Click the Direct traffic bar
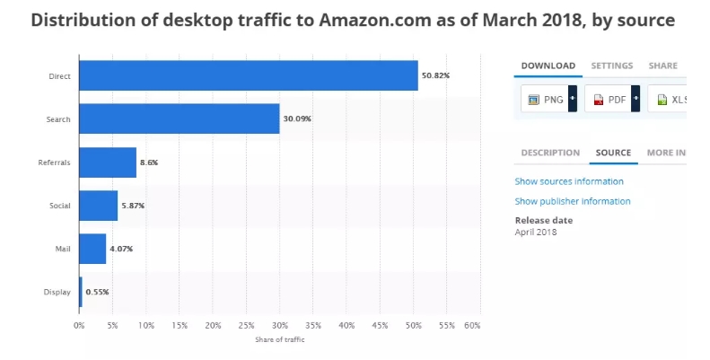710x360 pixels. [249, 75]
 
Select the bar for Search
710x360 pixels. [179, 119]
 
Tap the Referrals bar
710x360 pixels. [108, 162]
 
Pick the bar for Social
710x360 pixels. [98, 206]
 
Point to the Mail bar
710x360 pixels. [92, 249]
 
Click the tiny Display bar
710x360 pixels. [81, 292]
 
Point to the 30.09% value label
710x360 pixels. [297, 119]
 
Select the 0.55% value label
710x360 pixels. [97, 292]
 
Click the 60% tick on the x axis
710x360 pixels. [473, 325]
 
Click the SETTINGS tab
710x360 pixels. [611, 66]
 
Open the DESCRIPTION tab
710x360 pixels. [550, 153]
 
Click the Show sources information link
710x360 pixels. [569, 181]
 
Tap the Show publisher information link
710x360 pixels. [573, 201]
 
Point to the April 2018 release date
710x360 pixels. [536, 233]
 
